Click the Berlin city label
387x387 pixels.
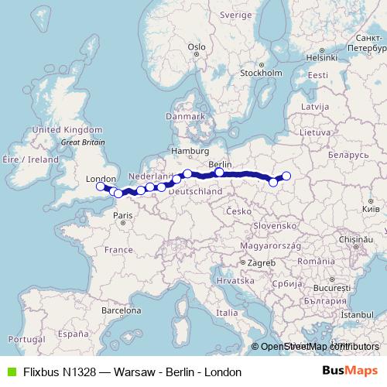pyautogui.click(x=221, y=165)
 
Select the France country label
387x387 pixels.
pyautogui.click(x=119, y=250)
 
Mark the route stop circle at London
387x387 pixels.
pyautogui.click(x=100, y=186)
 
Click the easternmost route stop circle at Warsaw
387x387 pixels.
pyautogui.click(x=286, y=176)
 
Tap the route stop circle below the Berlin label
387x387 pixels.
pyautogui.click(x=220, y=173)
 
